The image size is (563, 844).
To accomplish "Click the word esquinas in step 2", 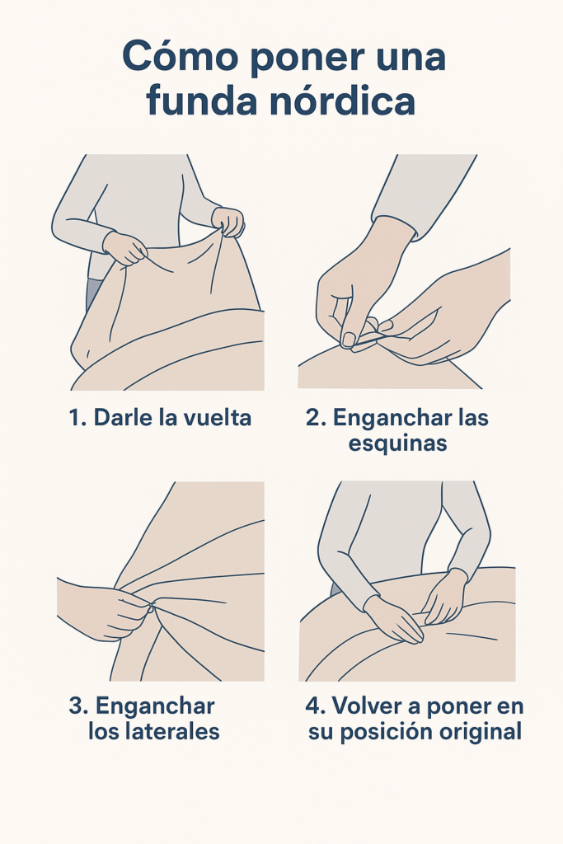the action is coord(398,444).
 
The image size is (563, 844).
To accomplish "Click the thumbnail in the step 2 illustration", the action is coord(349,340).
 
